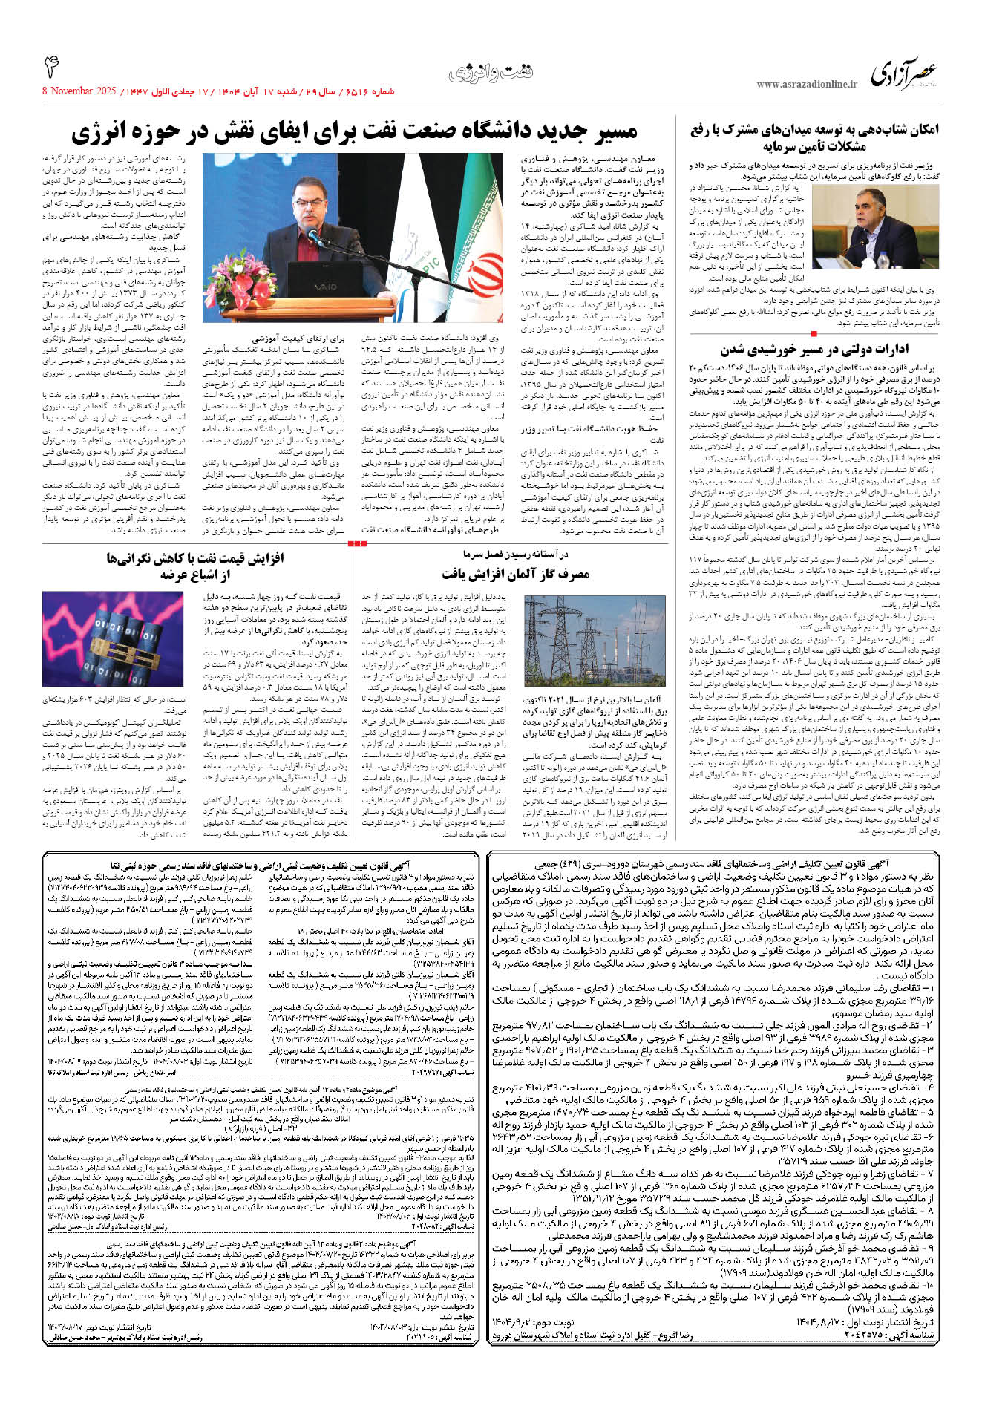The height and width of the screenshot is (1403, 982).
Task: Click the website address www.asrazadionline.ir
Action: [x=807, y=85]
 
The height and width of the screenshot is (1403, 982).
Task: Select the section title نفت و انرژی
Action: [x=491, y=73]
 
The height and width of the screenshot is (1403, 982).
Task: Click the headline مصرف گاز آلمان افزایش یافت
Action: [x=515, y=573]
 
